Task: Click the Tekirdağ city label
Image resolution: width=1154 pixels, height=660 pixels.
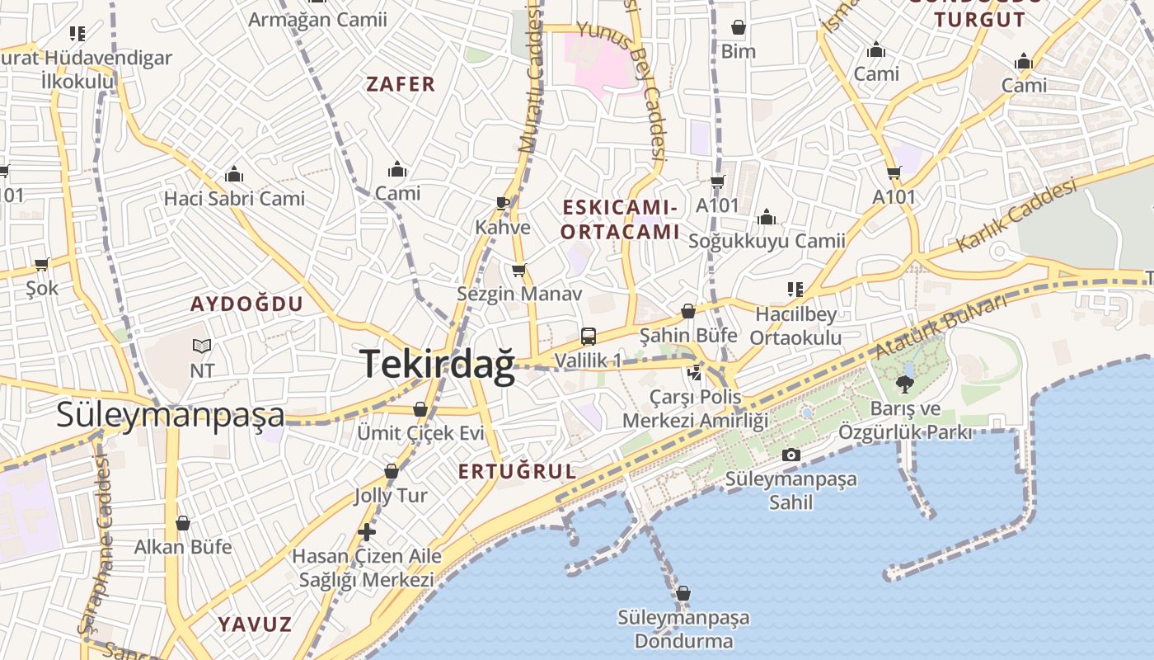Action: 437,364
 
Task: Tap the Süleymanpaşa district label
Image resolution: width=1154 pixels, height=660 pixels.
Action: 170,414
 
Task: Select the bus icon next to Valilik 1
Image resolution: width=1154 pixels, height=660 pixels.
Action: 589,336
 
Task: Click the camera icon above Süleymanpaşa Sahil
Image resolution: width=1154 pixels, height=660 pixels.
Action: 790,455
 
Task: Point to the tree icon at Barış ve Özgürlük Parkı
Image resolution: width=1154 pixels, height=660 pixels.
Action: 905,384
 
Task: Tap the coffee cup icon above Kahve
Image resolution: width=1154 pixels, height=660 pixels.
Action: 503,203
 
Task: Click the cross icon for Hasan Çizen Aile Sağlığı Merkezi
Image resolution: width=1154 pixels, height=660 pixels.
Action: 367,532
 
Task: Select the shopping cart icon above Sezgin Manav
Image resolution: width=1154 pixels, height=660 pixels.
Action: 518,270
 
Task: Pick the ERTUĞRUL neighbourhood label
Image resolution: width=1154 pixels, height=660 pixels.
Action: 517,471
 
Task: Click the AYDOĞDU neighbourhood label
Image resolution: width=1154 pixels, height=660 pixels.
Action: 247,304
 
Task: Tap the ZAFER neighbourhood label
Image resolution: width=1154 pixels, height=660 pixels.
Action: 401,84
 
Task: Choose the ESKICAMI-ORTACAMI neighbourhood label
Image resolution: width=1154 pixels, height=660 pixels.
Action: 620,219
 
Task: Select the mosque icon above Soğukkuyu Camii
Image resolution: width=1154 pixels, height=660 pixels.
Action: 767,218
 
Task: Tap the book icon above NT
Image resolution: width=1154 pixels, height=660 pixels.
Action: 202,346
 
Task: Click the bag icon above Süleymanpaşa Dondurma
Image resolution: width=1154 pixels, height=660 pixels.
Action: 683,593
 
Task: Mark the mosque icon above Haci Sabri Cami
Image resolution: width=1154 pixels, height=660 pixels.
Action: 234,175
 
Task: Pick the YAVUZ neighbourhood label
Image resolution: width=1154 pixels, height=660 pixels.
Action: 255,624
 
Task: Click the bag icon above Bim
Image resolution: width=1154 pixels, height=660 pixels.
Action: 738,28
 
